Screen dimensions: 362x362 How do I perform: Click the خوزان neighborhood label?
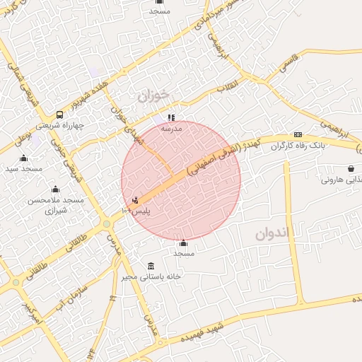(x=155, y=94)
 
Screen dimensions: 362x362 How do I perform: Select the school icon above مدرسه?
(x=170, y=117)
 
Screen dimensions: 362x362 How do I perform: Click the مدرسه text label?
(x=172, y=129)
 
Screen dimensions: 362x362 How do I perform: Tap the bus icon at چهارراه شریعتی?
(x=59, y=115)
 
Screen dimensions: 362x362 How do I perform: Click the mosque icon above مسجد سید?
(x=23, y=158)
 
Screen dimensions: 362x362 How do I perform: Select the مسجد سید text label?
(x=24, y=168)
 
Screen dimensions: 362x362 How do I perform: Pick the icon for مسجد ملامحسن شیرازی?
(x=55, y=189)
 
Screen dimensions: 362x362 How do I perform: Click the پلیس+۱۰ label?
(x=136, y=211)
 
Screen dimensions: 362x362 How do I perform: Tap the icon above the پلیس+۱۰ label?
(x=135, y=201)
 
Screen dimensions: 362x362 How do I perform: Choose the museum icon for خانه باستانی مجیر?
(x=151, y=265)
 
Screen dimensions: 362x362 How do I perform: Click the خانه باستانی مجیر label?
(x=151, y=276)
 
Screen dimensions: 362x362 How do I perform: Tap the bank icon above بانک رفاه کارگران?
(x=298, y=135)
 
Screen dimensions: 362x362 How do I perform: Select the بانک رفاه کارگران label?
(x=298, y=146)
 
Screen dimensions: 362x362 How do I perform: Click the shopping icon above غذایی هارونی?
(x=351, y=168)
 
